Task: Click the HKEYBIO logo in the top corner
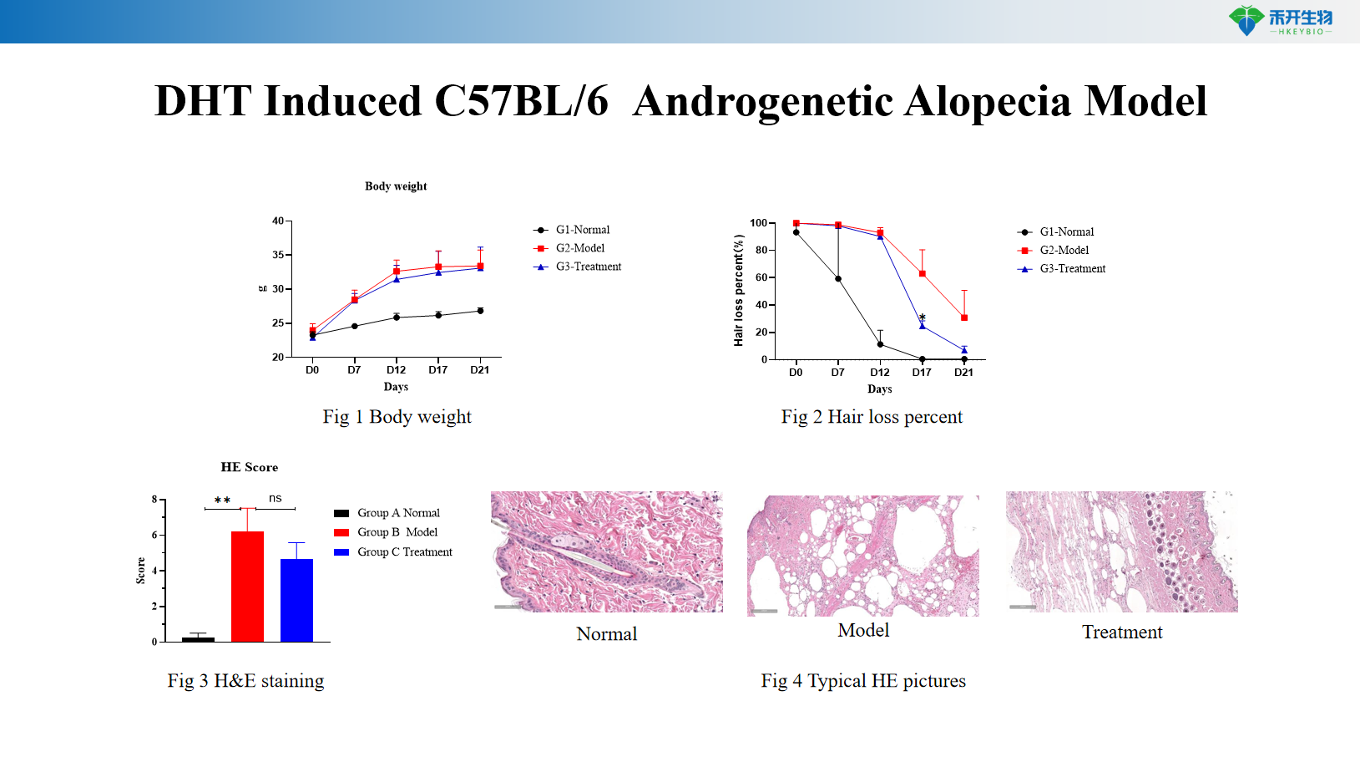(x=1280, y=20)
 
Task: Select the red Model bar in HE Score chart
(x=247, y=586)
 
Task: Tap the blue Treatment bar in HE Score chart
(x=296, y=599)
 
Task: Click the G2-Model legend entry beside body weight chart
(x=579, y=248)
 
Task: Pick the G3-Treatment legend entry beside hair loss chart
(x=1072, y=268)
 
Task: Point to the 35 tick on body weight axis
(x=278, y=255)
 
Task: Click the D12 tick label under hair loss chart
(x=879, y=373)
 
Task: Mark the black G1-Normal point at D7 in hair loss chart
(x=838, y=279)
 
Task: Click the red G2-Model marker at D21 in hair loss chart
(x=964, y=318)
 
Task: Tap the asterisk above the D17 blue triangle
(x=923, y=318)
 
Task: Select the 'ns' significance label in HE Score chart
(x=276, y=498)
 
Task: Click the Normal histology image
(x=607, y=551)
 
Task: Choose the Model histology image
(x=863, y=556)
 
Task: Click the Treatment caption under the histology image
(x=1122, y=633)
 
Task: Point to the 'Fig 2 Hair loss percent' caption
(x=872, y=417)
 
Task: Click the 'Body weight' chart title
(x=396, y=186)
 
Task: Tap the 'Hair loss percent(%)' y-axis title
(x=738, y=291)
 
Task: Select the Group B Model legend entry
(x=397, y=532)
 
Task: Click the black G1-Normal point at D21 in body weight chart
(x=480, y=311)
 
